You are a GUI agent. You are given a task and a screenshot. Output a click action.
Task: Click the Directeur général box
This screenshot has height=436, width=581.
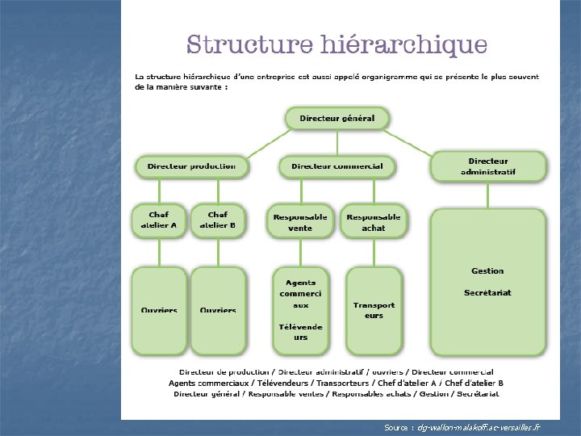pos(336,119)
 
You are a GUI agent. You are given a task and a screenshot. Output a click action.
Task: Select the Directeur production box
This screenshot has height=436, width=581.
pos(191,166)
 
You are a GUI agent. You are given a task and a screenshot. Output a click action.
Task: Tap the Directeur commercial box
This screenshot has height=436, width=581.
pos(336,166)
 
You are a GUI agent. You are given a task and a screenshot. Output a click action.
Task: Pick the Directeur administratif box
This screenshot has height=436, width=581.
pos(487,166)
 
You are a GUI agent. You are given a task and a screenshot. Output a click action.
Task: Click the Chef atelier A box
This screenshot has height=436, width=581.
pos(158,220)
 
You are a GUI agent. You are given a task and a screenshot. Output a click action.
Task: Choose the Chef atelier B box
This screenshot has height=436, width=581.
pos(217,220)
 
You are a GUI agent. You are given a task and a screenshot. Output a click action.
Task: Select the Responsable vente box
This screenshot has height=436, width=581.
pos(300,222)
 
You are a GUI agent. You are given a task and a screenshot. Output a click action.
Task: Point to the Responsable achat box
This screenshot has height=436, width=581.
pos(373,222)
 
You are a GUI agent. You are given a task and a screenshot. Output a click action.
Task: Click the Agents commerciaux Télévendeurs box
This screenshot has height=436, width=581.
pos(300,311)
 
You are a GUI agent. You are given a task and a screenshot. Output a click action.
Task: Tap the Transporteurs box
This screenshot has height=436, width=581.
pos(374,311)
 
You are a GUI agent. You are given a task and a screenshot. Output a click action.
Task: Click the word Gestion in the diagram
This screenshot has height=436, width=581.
pos(487,271)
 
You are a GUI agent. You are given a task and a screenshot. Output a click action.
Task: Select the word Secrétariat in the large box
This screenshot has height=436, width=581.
pos(487,292)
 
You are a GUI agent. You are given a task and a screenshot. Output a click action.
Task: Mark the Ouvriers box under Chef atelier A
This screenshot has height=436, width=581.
pos(159,311)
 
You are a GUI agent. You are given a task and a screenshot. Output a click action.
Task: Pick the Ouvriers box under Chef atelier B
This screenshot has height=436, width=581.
pos(218,311)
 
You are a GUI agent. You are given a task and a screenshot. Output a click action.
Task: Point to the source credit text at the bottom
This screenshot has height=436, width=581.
pos(462,426)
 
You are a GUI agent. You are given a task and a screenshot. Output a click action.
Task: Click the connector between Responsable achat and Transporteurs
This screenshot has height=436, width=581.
pos(373,252)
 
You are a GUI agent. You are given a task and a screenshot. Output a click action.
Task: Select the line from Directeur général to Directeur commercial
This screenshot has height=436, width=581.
pos(336,143)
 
